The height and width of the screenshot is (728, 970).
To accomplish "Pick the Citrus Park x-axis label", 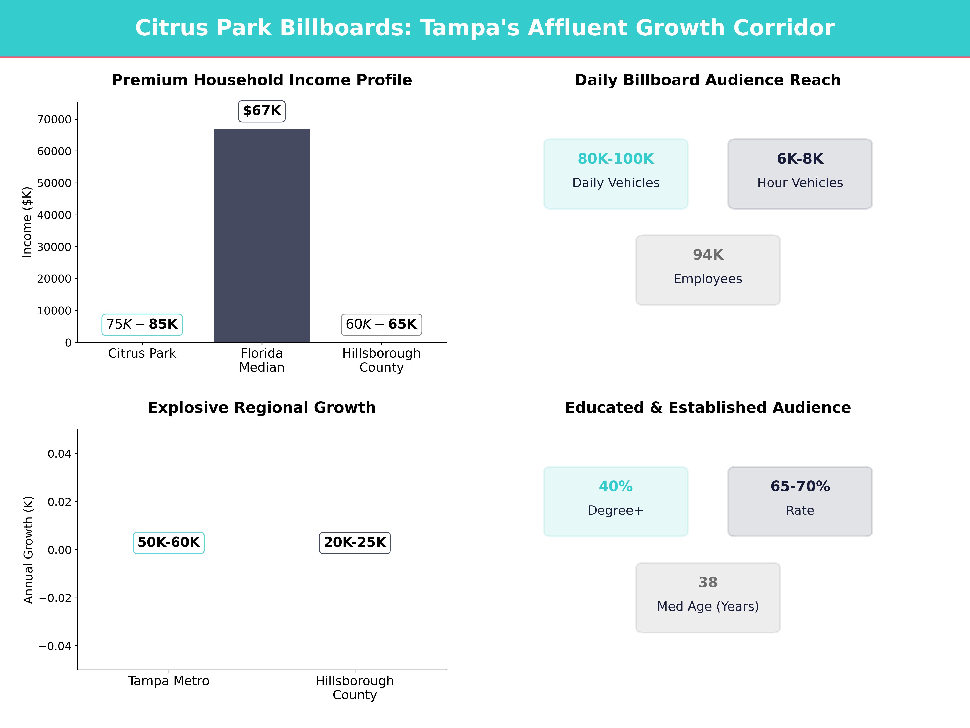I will click(142, 353).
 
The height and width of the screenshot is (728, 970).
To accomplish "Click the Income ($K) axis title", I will click(27, 222).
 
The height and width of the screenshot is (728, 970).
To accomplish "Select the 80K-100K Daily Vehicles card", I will click(616, 174).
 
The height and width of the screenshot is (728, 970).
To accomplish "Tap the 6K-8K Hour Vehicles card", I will click(800, 174).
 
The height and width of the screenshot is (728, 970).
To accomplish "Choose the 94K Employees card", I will click(708, 270).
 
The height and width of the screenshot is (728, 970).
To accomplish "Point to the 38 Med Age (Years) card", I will click(708, 597).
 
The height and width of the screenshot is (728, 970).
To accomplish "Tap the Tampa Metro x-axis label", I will click(169, 681).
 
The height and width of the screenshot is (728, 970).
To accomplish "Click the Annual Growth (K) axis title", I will click(28, 550).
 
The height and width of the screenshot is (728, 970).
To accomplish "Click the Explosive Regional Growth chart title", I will click(262, 408).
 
